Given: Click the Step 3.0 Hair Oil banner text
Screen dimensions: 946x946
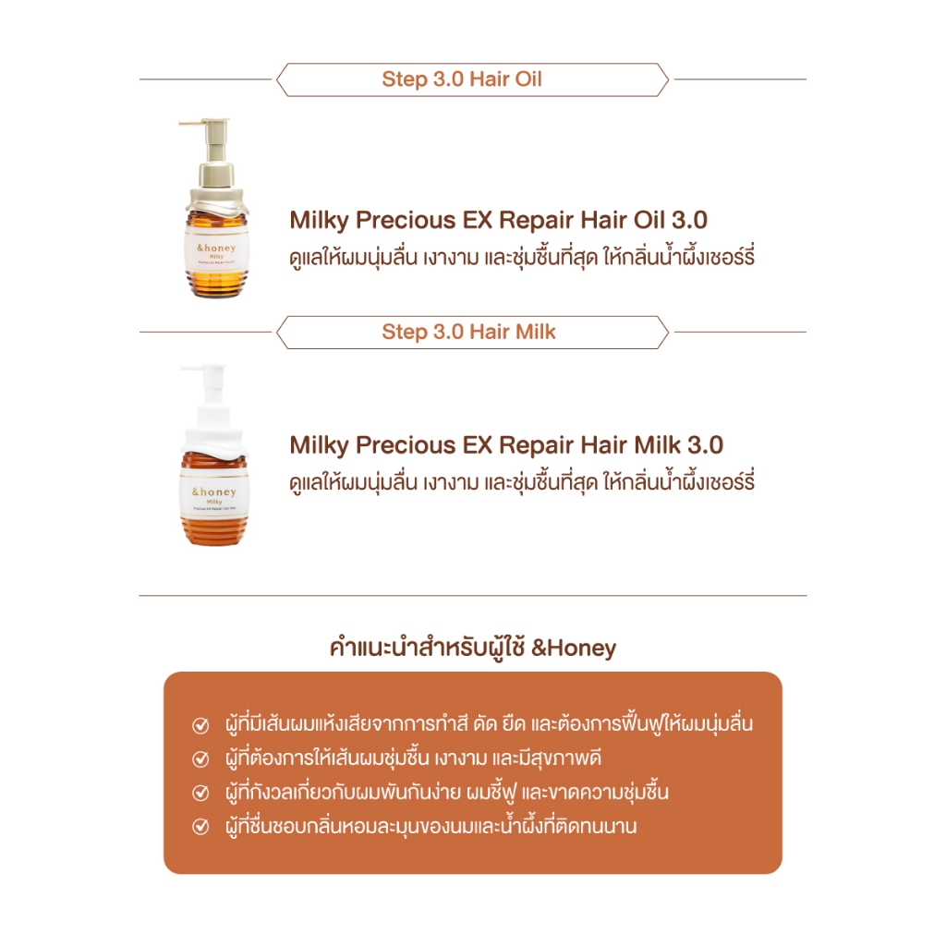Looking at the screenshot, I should [462, 79].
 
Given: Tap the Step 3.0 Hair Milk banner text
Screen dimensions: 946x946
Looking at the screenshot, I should [468, 332].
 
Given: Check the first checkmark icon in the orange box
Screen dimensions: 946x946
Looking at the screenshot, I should [200, 725].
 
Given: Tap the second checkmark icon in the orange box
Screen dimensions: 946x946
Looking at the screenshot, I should [200, 759].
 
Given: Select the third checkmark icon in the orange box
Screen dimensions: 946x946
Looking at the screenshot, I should [200, 793].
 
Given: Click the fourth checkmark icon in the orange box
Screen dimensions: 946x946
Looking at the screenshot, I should [200, 827].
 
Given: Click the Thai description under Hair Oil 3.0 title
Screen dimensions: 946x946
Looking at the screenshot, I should [522, 257].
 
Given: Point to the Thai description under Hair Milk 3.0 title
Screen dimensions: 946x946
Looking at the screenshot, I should [522, 481].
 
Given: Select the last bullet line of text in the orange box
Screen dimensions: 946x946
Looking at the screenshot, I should [431, 826].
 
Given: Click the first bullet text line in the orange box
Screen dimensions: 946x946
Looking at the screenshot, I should [488, 723].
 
